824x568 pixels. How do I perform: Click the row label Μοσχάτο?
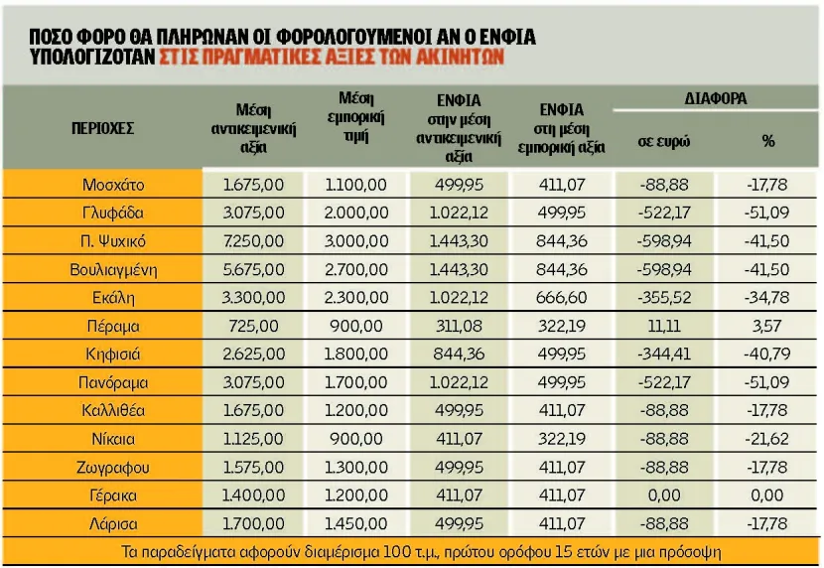click(113, 185)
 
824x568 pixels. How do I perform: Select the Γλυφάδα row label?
click(113, 213)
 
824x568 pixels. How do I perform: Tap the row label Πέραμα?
click(113, 327)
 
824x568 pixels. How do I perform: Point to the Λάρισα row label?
click(113, 524)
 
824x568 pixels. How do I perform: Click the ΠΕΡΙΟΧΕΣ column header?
click(103, 128)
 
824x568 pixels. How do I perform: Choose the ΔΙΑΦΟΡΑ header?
click(715, 98)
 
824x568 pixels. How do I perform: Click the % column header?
click(768, 141)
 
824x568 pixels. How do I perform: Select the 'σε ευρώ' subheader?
click(664, 141)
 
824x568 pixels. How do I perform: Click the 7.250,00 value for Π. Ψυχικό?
click(253, 241)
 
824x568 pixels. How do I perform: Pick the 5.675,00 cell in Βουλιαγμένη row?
click(253, 269)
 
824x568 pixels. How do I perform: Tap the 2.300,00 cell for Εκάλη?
click(356, 298)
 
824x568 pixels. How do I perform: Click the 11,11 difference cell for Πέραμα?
click(664, 327)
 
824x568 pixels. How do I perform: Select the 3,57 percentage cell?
click(766, 327)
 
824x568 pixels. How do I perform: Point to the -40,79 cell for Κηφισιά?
click(766, 355)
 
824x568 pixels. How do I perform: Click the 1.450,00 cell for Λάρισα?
click(356, 524)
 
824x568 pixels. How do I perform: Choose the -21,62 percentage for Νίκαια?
click(766, 439)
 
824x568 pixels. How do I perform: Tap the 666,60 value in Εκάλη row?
click(561, 298)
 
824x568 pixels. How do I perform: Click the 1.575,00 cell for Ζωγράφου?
click(253, 467)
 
